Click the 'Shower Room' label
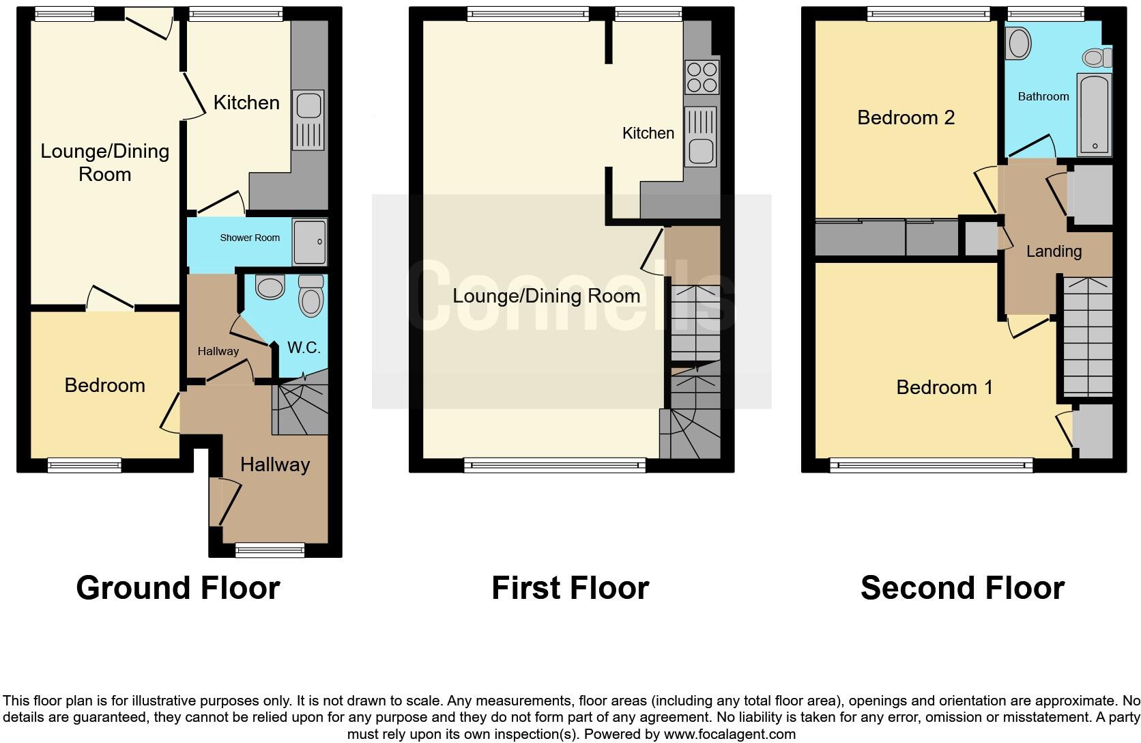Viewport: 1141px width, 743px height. pos(250,238)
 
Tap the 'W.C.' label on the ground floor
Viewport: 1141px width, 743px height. pos(304,348)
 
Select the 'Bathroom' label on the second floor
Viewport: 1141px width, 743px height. pos(1043,96)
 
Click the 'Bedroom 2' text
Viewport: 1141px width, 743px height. pos(906,117)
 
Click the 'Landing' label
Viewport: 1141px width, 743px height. pos(1054,251)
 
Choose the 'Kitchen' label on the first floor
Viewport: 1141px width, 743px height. pos(648,133)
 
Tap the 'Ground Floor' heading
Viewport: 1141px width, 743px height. pos(178,587)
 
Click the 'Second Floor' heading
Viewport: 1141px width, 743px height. pos(962,587)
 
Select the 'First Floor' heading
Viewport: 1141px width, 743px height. pos(570,587)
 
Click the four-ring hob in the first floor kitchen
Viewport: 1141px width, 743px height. pos(701,77)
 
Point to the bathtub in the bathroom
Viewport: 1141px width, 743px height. pos(1094,114)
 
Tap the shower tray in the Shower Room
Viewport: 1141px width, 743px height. pos(310,242)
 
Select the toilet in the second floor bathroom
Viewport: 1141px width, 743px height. pos(1096,57)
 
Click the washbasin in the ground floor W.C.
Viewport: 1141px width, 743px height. pos(270,287)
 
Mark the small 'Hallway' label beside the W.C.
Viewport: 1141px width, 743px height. pos(218,351)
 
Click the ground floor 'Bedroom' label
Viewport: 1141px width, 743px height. pos(104,385)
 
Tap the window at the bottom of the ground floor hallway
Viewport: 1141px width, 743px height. pos(270,549)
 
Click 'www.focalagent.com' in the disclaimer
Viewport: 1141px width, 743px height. pos(730,734)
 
